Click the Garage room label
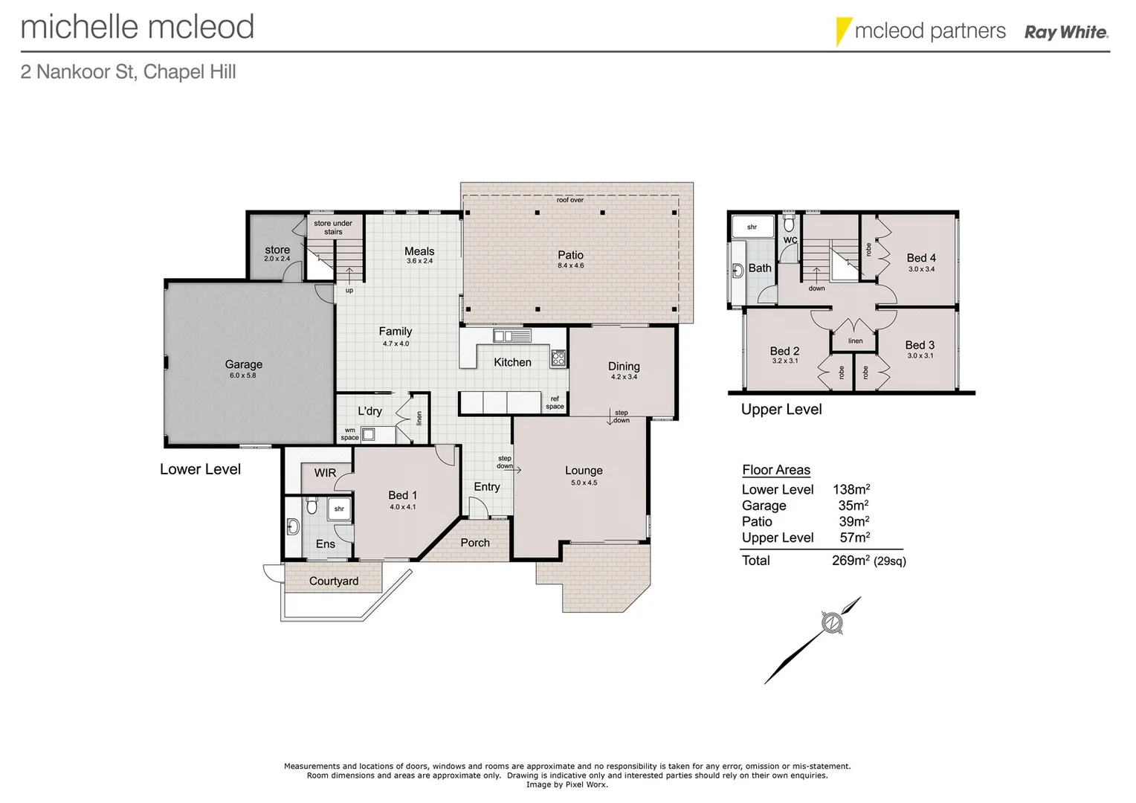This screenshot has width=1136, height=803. [244, 364]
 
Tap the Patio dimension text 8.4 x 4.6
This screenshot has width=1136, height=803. [570, 265]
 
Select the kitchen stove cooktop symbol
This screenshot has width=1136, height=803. [558, 358]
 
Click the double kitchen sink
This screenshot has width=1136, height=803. [513, 337]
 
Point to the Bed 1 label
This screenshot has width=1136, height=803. [402, 495]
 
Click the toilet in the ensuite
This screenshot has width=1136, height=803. [312, 507]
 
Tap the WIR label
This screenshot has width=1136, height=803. [325, 473]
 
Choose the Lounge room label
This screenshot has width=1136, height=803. [584, 471]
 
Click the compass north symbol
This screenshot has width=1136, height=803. [831, 622]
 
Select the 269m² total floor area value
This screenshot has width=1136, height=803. [851, 561]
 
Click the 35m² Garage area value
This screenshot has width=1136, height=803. [853, 506]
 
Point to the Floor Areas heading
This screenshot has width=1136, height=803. [776, 470]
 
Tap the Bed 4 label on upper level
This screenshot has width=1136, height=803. [921, 258]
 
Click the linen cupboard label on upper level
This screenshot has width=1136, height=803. [856, 341]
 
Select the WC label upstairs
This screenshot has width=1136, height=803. [790, 240]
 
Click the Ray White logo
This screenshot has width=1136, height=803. [1066, 32]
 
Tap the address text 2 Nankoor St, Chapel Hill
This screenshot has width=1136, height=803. [129, 72]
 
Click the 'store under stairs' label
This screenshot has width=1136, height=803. [333, 228]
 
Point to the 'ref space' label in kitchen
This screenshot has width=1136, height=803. [555, 403]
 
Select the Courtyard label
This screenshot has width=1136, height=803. [334, 581]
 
